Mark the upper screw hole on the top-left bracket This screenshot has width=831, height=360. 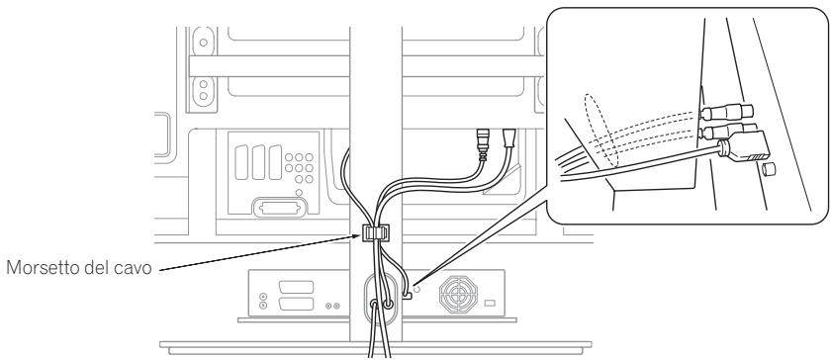(203, 45)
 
